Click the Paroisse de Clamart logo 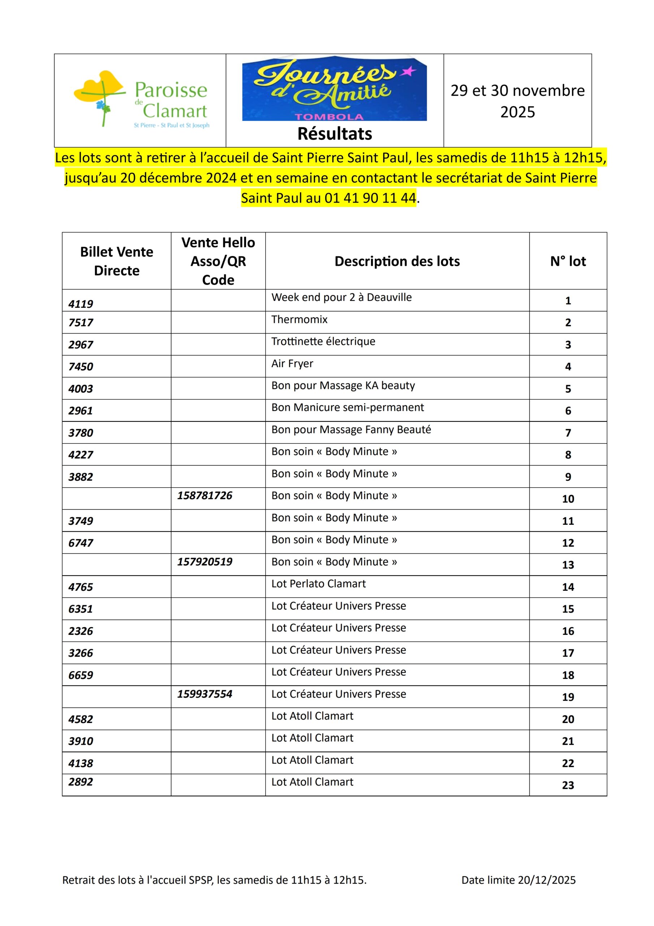pyautogui.click(x=141, y=100)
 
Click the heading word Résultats pyautogui.click(x=335, y=134)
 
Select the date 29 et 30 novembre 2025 pyautogui.click(x=517, y=101)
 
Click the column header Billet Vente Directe pyautogui.click(x=116, y=261)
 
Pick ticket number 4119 pyautogui.click(x=81, y=304)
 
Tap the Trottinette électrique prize pyautogui.click(x=323, y=341)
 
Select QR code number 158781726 pyautogui.click(x=205, y=495)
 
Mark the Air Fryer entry pyautogui.click(x=292, y=364)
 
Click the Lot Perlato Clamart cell pyautogui.click(x=318, y=583)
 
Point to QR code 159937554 pyautogui.click(x=205, y=694)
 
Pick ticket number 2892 pyautogui.click(x=81, y=782)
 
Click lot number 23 pyautogui.click(x=567, y=785)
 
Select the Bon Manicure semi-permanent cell pyautogui.click(x=347, y=407)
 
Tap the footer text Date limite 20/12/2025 pyautogui.click(x=518, y=880)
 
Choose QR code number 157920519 pyautogui.click(x=205, y=561)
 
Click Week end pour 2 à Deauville pyautogui.click(x=341, y=297)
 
